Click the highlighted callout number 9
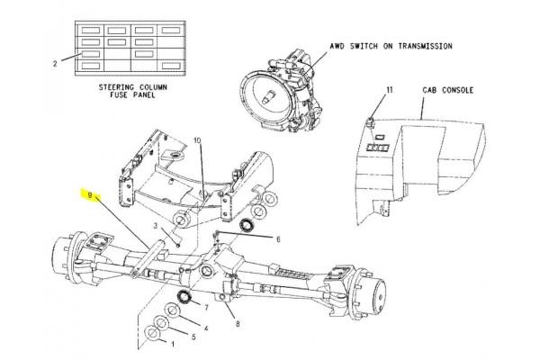90,195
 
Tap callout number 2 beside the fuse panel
55,64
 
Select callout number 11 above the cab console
389,90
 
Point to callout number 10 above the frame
197,140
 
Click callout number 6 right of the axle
278,239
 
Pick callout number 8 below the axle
238,324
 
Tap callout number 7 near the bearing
206,307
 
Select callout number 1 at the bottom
173,344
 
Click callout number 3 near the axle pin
156,226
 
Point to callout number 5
193,337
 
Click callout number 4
206,328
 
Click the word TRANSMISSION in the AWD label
426,46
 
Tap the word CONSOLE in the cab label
458,90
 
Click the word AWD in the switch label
337,46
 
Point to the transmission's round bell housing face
267,97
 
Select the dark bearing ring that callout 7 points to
184,297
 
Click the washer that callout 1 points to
152,333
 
